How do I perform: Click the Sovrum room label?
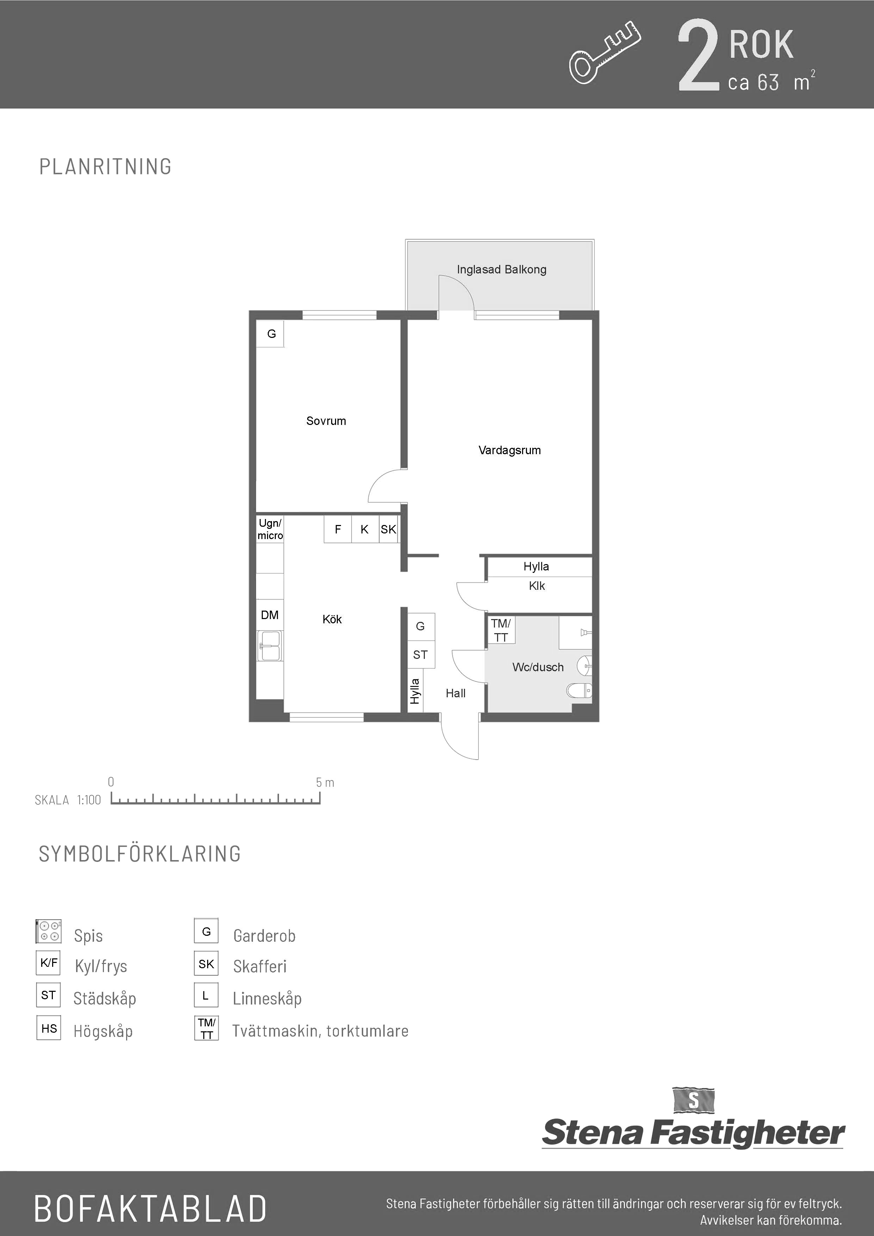point(326,421)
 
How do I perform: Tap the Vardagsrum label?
point(510,450)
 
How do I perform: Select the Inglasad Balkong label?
point(502,269)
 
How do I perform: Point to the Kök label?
point(332,619)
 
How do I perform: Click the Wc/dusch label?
point(538,667)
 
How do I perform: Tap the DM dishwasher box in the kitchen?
point(269,615)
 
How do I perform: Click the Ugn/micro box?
point(269,530)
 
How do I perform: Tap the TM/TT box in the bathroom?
point(501,630)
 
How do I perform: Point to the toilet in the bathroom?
point(579,690)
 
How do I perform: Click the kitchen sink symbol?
point(270,645)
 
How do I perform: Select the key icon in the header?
point(605,53)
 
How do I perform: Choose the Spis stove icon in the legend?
point(48,931)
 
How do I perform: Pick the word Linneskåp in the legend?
point(267,999)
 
